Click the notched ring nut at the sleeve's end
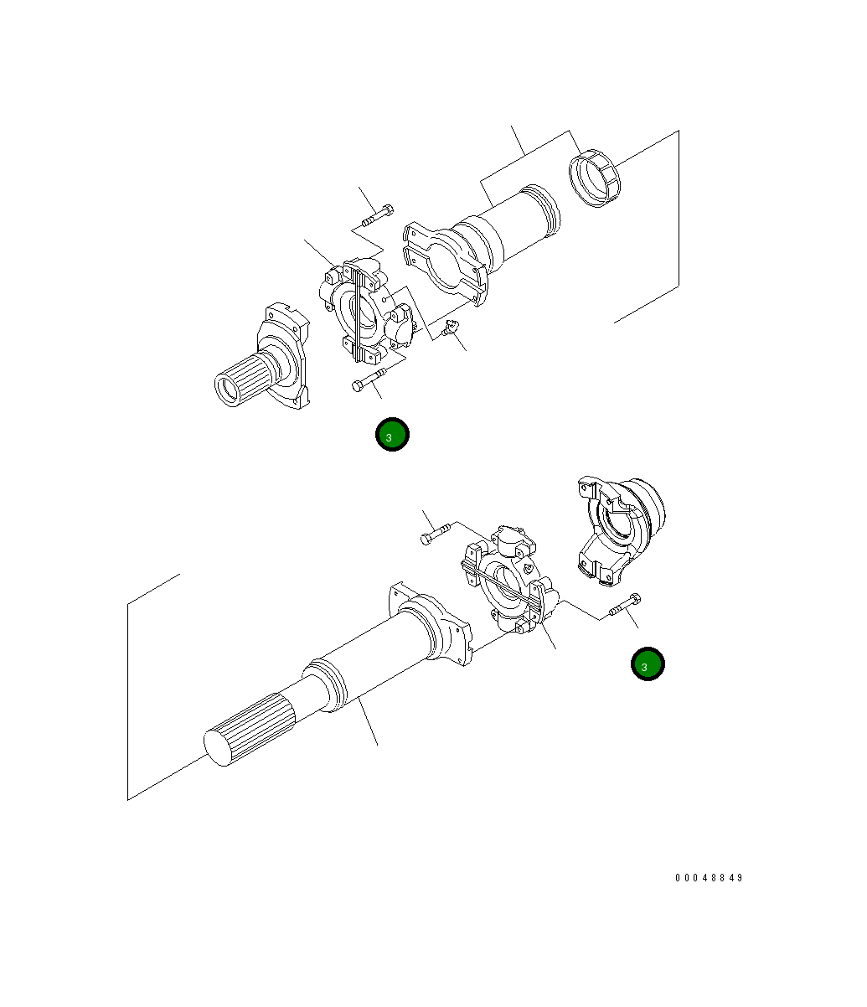click(594, 178)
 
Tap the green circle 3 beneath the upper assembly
click(392, 434)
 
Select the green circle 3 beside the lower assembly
click(648, 664)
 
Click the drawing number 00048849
click(709, 877)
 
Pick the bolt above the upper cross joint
click(378, 216)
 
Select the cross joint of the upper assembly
click(368, 311)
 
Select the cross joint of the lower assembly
click(510, 580)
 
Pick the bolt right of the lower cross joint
click(625, 605)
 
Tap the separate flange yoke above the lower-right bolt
click(621, 530)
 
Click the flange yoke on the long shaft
click(431, 623)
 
